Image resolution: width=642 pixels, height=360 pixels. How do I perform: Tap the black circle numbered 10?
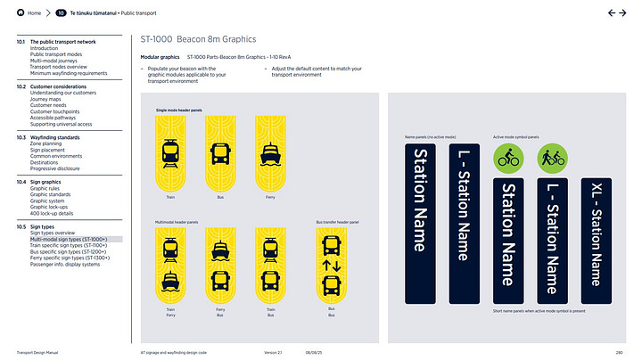click(61, 13)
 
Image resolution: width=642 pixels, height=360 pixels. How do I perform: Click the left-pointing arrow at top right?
click(612, 13)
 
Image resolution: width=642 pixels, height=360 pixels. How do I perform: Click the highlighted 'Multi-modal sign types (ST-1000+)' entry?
click(69, 239)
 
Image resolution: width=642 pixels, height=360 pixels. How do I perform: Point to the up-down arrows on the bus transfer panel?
click(332, 265)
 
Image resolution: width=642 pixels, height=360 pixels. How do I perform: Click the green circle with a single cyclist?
click(506, 159)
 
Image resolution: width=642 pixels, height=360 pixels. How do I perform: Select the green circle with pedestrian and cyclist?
click(550, 159)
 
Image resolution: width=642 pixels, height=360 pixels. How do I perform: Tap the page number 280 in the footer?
click(622, 353)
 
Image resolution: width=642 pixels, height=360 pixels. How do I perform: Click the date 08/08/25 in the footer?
click(315, 353)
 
